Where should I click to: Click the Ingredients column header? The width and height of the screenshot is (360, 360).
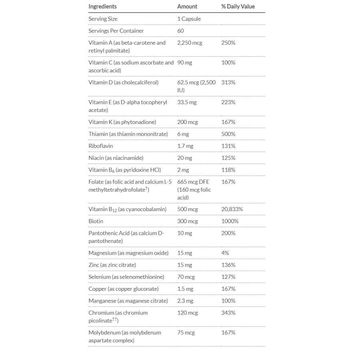click(102, 6)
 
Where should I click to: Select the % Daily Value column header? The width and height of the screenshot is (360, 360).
click(238, 6)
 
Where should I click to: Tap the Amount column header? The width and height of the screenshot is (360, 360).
click(187, 6)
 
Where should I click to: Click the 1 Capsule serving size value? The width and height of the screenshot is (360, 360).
click(189, 19)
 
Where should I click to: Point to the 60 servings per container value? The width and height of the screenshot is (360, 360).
click(180, 31)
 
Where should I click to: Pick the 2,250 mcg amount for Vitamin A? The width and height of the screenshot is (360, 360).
click(190, 43)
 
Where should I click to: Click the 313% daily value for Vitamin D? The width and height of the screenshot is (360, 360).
click(228, 82)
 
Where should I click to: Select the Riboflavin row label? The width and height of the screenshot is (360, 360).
click(100, 146)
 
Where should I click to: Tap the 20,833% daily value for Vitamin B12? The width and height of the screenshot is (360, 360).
click(232, 209)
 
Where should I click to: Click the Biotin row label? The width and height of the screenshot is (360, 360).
click(96, 221)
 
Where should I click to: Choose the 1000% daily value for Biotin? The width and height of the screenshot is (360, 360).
click(230, 221)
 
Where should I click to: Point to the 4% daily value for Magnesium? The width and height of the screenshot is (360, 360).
click(225, 253)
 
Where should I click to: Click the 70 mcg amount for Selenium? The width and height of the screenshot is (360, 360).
click(186, 277)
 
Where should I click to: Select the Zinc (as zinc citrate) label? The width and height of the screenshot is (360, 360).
click(112, 265)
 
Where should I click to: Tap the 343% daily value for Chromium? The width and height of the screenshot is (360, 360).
click(228, 313)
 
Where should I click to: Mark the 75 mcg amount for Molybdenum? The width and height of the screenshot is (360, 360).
click(186, 332)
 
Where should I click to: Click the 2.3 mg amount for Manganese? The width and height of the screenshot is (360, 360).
click(185, 301)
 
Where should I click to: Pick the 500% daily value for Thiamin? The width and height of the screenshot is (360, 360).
click(228, 134)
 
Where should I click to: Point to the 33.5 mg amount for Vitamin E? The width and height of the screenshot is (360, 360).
click(187, 102)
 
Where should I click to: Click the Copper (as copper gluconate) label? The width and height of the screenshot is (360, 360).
click(123, 289)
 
